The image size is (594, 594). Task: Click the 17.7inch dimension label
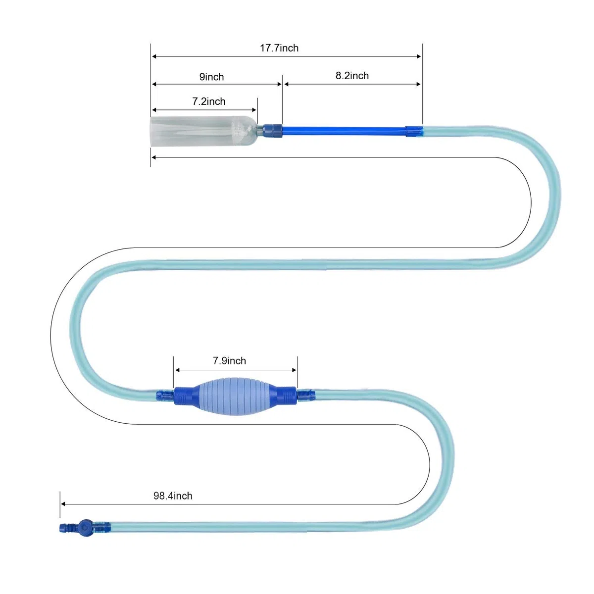click(x=279, y=48)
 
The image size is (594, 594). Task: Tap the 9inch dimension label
click(x=211, y=77)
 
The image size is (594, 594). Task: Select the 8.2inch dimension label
click(x=352, y=76)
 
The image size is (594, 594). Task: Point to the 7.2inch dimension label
click(x=209, y=101)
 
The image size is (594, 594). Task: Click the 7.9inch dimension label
click(x=229, y=361)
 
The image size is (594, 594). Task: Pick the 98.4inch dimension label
click(x=173, y=496)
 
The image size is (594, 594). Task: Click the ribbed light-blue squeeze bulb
click(x=236, y=396)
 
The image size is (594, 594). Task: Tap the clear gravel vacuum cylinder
click(x=203, y=131)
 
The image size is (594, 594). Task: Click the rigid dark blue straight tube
click(x=344, y=131)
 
